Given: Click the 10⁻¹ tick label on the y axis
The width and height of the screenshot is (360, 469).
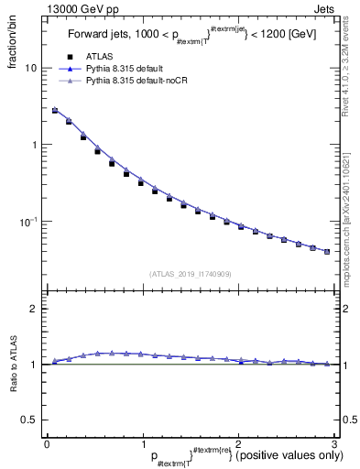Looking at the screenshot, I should coord(27,221).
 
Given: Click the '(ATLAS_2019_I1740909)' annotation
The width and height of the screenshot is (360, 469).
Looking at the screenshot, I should coord(191,274).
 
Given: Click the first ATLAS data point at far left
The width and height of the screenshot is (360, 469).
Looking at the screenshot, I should coord(55,111).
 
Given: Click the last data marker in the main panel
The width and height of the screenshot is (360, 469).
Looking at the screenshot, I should coord(327,251).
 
